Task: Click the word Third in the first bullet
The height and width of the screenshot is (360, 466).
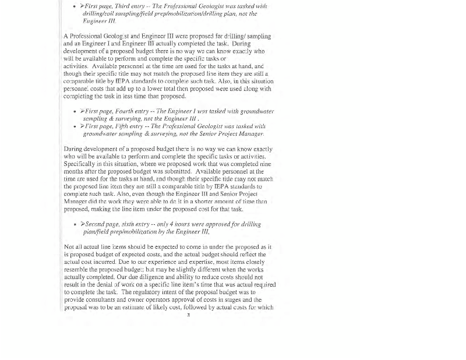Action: [122, 6]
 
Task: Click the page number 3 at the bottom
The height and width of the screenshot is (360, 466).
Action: [188, 315]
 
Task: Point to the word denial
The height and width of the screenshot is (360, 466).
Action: [103, 285]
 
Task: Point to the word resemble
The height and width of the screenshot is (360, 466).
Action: [76, 270]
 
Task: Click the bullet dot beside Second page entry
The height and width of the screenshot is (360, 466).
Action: [75, 224]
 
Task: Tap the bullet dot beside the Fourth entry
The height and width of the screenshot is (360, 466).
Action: [75, 111]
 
